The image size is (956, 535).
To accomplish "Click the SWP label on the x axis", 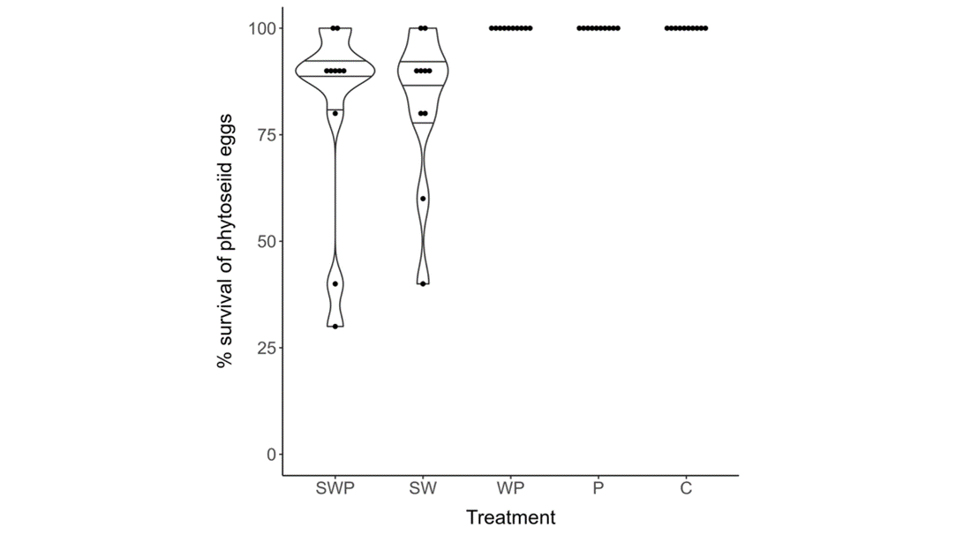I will (x=335, y=488).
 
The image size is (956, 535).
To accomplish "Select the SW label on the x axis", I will (x=423, y=488).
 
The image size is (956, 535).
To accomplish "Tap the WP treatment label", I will (x=510, y=488).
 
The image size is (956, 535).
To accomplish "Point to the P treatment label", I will (x=598, y=488).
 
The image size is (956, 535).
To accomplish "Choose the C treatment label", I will (x=686, y=488).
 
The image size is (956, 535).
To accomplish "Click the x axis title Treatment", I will (x=510, y=517).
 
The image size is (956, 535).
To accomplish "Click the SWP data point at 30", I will (x=335, y=327).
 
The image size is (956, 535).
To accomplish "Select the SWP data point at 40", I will (x=335, y=283).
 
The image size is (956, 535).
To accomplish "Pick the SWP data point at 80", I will (x=335, y=113).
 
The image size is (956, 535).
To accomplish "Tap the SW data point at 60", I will (x=423, y=199).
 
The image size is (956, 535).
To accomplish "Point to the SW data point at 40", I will (x=423, y=283).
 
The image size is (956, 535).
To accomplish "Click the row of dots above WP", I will (x=510, y=28).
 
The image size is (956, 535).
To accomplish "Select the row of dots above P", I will (x=598, y=28).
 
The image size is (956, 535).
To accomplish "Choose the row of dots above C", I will (x=686, y=28).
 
